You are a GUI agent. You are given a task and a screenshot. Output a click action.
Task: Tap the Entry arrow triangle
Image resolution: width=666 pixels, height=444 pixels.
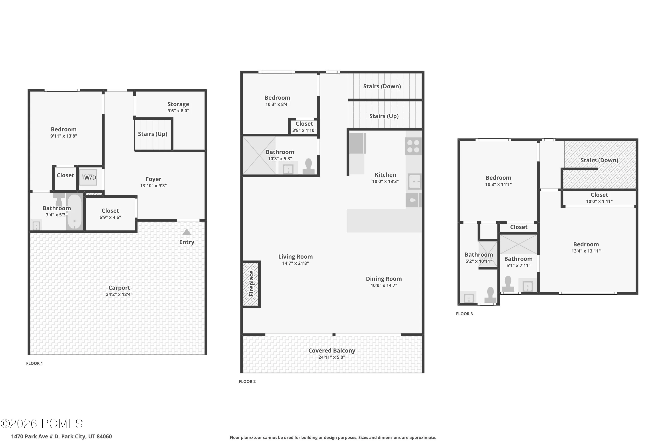(x=187, y=232)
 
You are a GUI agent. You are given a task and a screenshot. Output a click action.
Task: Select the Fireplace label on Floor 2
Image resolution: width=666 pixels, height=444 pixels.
(x=251, y=283)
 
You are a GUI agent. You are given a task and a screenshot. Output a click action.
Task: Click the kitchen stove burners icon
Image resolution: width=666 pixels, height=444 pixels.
(x=413, y=146)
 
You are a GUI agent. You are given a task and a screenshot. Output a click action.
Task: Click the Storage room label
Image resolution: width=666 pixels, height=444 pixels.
(x=178, y=104)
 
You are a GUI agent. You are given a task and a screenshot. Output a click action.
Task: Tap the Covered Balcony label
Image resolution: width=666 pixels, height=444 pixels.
(x=332, y=351)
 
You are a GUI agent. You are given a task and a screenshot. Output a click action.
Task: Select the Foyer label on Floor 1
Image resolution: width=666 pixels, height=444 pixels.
(x=153, y=179)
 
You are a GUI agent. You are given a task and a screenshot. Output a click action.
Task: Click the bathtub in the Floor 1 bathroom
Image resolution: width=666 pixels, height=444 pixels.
(x=74, y=212)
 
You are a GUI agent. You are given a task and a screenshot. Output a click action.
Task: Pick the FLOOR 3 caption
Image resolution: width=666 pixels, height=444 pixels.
(x=464, y=314)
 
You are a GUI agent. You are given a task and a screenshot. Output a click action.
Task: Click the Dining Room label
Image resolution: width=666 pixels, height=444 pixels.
(x=384, y=279)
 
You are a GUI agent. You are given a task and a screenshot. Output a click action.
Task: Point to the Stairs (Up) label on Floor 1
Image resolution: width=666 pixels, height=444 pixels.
(x=153, y=134)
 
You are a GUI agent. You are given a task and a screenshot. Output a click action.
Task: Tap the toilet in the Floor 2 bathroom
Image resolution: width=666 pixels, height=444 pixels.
(x=308, y=166)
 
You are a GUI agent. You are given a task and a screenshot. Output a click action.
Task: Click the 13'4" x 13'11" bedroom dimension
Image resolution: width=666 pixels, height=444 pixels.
(x=586, y=251)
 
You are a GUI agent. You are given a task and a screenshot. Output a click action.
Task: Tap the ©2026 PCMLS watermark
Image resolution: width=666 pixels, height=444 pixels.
(x=42, y=424)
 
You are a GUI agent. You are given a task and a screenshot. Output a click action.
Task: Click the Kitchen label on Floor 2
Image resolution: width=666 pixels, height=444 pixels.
(x=385, y=175)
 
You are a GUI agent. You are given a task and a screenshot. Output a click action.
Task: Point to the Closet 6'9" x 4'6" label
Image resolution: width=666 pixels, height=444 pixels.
(x=110, y=214)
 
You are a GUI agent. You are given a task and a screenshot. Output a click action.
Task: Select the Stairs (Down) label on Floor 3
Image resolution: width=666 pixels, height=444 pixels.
(x=599, y=160)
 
